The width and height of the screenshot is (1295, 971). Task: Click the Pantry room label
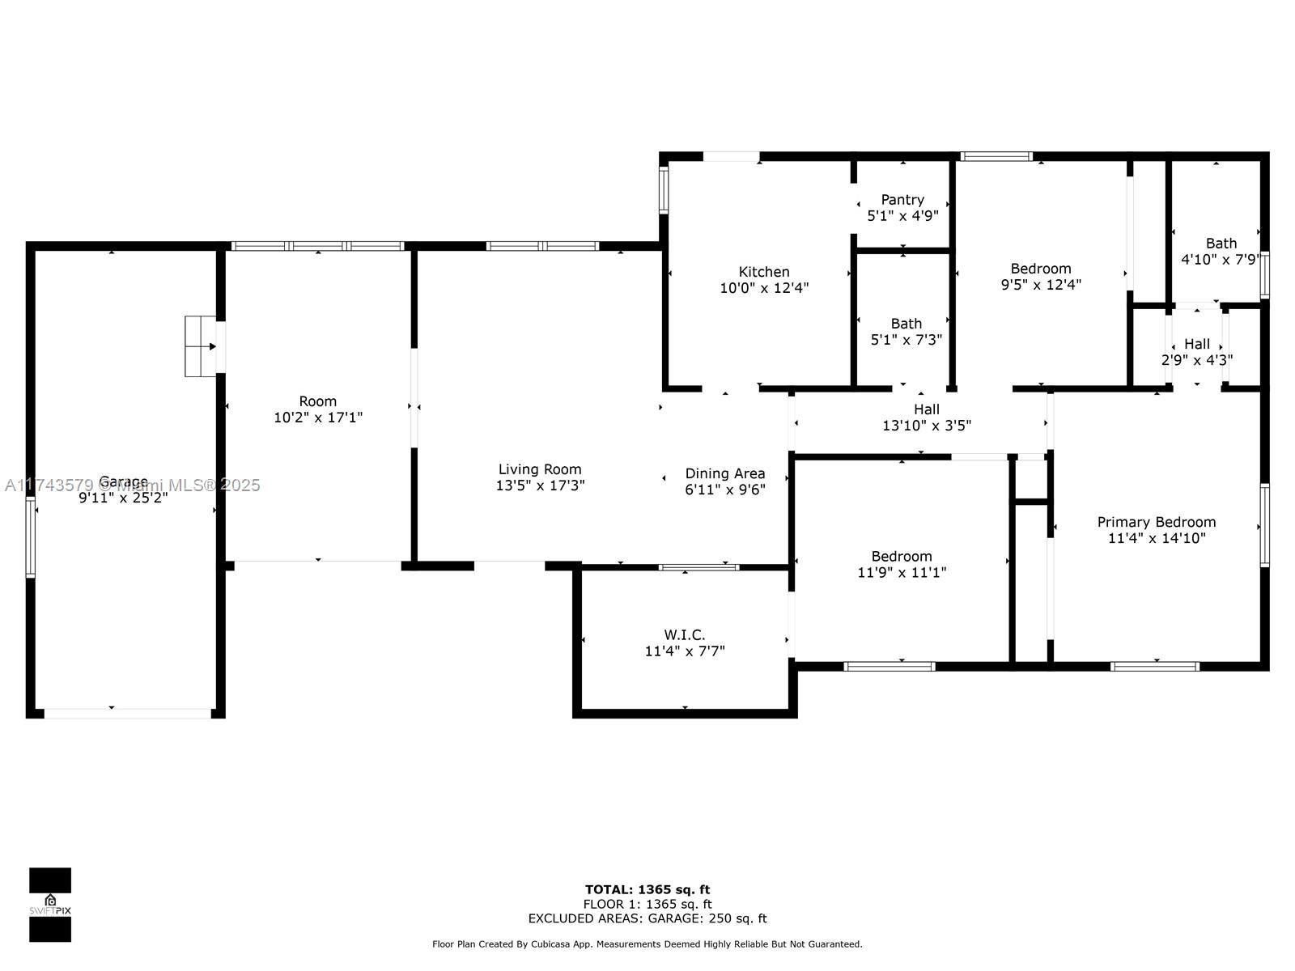tap(902, 200)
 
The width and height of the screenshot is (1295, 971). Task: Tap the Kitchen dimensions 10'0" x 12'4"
tap(764, 288)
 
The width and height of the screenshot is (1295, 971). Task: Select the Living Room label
tap(540, 469)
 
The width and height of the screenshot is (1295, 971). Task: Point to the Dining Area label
tap(725, 473)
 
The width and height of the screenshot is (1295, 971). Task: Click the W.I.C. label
tap(685, 635)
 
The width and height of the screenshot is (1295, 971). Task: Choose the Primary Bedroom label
tap(1157, 522)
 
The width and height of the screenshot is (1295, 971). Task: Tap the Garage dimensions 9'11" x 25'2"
tap(123, 498)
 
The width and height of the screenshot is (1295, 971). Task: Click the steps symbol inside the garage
tap(201, 346)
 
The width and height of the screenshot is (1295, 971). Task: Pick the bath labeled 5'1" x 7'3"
tap(906, 331)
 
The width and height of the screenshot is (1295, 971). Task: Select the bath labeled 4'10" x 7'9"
tap(1221, 251)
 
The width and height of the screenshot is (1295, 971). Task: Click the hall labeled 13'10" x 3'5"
tap(926, 417)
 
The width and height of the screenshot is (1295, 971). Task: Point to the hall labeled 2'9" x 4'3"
tap(1196, 351)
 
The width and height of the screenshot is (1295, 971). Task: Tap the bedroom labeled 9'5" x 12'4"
tap(1041, 276)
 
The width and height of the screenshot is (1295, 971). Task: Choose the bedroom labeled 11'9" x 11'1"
tap(902, 564)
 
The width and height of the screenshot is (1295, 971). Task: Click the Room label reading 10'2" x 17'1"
tap(318, 409)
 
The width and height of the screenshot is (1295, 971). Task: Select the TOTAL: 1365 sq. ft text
tap(647, 889)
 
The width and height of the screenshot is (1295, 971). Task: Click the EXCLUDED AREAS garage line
tap(647, 918)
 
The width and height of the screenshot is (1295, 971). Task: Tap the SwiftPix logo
tap(50, 905)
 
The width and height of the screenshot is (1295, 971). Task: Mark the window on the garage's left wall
tap(30, 536)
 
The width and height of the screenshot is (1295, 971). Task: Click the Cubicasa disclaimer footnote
tap(647, 944)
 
